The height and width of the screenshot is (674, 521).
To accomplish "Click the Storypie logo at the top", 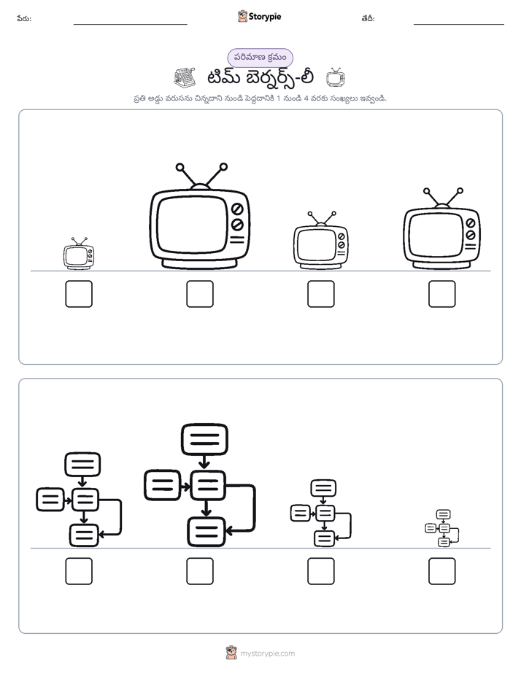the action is pyautogui.click(x=259, y=16).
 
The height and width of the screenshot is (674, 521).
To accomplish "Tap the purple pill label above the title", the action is pyautogui.click(x=260, y=58).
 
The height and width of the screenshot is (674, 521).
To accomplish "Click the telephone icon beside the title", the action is pyautogui.click(x=185, y=77).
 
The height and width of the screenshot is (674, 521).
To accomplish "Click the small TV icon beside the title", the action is pyautogui.click(x=336, y=77).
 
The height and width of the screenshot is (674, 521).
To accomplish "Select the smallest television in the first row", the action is pyautogui.click(x=78, y=254).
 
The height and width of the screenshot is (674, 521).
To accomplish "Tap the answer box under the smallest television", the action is pyautogui.click(x=79, y=294).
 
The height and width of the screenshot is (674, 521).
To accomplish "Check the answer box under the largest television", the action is pyautogui.click(x=200, y=294).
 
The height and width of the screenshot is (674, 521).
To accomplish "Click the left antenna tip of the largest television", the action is pyautogui.click(x=180, y=167).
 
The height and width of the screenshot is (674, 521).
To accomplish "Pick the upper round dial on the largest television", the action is pyautogui.click(x=237, y=209).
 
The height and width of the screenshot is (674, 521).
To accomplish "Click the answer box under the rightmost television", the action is pyautogui.click(x=442, y=294).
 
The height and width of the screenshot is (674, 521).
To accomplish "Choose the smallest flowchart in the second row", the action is pyautogui.click(x=442, y=528).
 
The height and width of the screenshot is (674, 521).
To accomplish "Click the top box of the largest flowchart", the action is pyautogui.click(x=204, y=439).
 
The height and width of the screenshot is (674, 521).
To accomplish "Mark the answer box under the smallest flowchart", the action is pyautogui.click(x=442, y=571).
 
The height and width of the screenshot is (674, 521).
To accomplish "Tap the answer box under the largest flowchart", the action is pyautogui.click(x=200, y=571).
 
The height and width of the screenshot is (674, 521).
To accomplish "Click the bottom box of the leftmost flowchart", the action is pyautogui.click(x=84, y=535).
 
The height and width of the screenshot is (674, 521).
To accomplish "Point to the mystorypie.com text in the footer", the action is pyautogui.click(x=267, y=654).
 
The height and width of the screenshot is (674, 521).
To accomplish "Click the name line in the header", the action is pyautogui.click(x=130, y=25).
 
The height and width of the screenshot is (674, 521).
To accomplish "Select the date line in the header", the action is pyautogui.click(x=459, y=25).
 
